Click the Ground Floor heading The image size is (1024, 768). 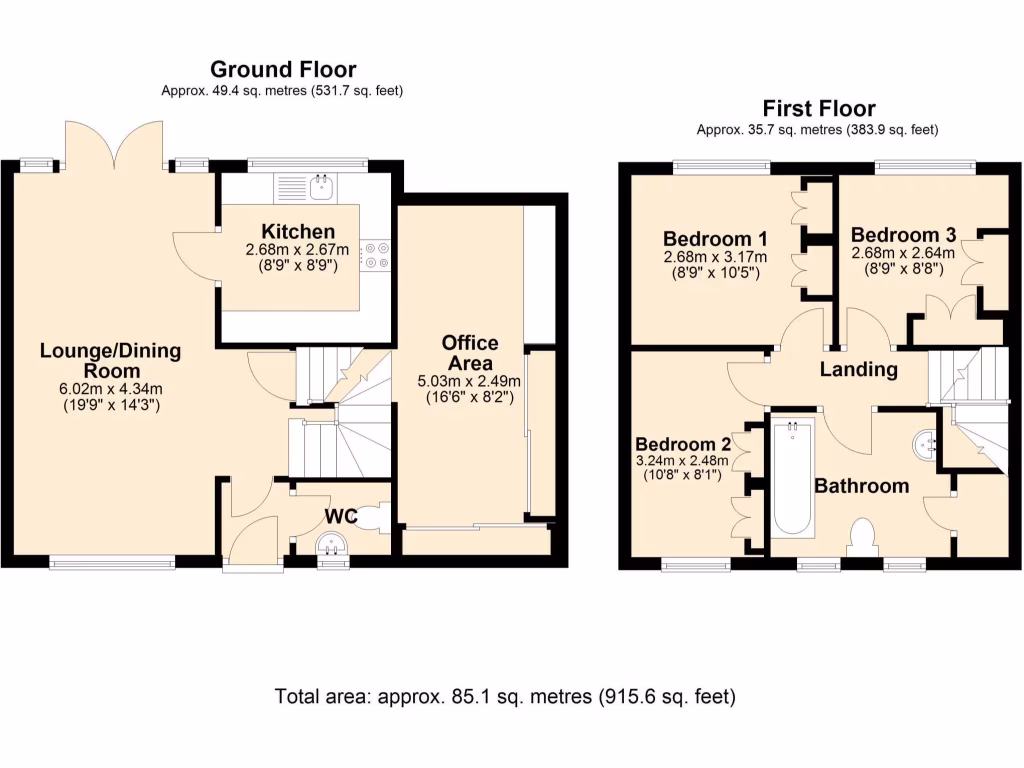coord(283,69)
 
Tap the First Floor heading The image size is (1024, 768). coord(819,108)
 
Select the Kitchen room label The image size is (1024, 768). coord(298,232)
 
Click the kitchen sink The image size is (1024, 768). coord(321,187)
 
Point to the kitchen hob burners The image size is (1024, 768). coord(377,255)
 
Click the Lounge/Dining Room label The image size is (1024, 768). coord(111,360)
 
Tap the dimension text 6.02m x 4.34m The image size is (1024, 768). coord(111,389)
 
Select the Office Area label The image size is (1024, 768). coord(470,353)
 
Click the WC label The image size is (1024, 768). coord(341,517)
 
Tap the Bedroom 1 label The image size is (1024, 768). coord(715,239)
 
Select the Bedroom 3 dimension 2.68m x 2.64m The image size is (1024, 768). coord(903,253)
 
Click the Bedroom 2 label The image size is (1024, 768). coord(683,445)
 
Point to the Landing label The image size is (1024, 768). coord(859,370)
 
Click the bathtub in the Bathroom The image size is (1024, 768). coord(793,479)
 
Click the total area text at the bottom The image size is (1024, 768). coord(505,697)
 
